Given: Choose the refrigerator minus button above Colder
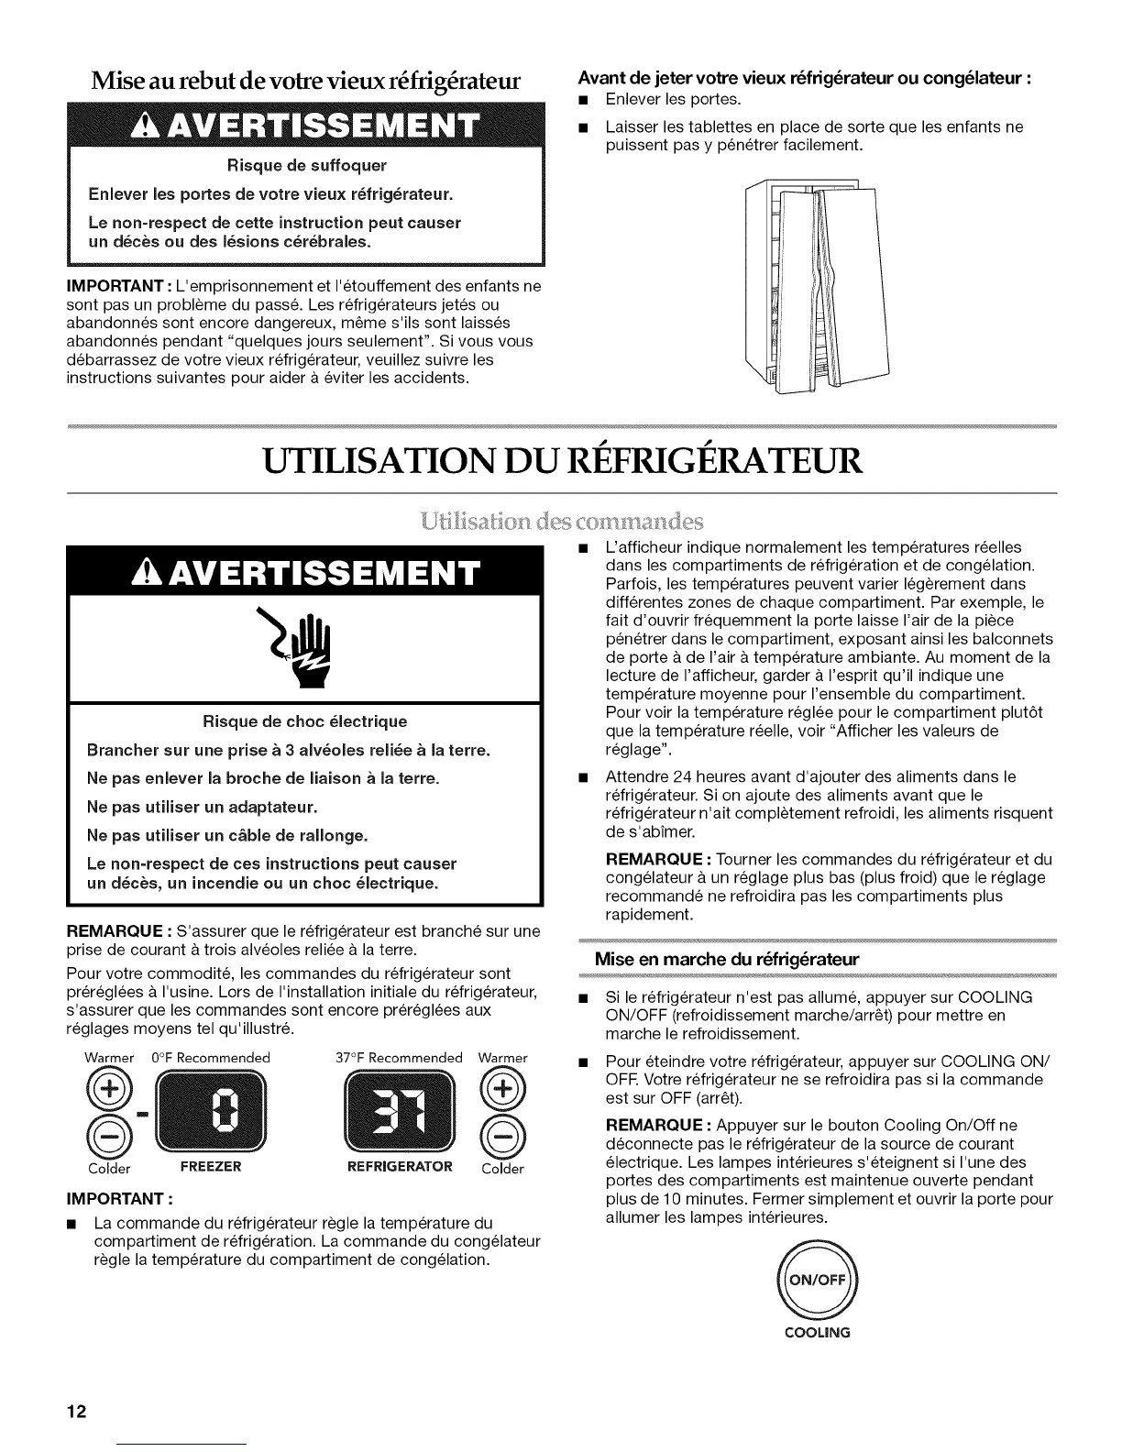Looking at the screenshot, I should tap(503, 1138).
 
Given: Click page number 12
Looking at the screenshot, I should tap(75, 1411).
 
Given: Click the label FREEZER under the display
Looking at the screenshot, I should tap(211, 1167).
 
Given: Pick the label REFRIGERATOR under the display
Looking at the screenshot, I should tap(401, 1167).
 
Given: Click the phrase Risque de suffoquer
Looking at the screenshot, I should tap(302, 165).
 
